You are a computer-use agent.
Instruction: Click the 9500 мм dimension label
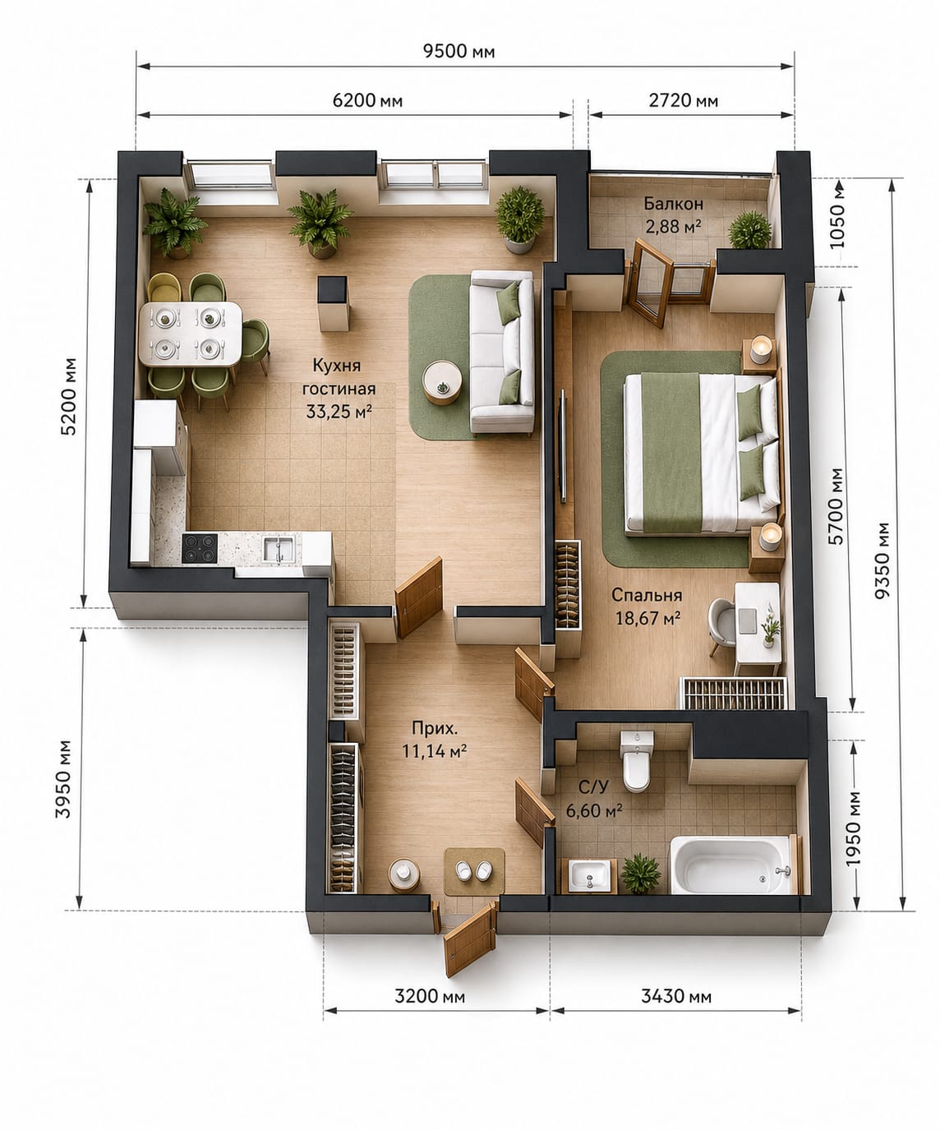click(458, 51)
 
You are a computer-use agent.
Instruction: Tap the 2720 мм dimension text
click(683, 100)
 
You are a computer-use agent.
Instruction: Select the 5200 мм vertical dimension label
click(69, 397)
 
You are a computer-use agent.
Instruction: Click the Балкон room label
click(673, 204)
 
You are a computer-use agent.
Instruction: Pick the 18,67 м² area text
click(647, 618)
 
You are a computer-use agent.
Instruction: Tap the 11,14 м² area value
click(434, 750)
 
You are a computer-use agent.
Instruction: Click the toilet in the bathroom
click(637, 761)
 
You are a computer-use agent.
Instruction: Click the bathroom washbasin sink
click(589, 875)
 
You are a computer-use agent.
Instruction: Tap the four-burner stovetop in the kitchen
click(200, 547)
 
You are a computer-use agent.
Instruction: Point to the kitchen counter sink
click(279, 547)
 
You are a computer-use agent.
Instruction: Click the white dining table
click(191, 334)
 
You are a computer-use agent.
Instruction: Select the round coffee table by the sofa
click(442, 382)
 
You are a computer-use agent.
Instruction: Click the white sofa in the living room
click(502, 353)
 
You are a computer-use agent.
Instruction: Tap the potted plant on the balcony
click(749, 230)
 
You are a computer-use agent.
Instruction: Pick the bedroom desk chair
click(722, 628)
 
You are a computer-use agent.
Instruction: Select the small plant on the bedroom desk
click(770, 628)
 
